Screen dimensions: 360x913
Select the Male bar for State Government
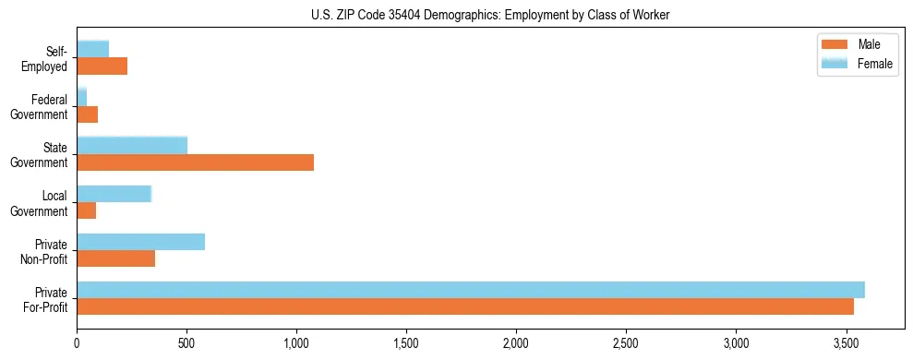pos(195,162)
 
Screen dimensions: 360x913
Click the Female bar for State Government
pos(132,146)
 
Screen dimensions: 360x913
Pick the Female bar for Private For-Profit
pos(471,290)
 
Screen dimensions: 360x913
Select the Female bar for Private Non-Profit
pos(140,242)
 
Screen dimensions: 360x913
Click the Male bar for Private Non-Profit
pos(115,258)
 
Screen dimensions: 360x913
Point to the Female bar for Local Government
pos(114,194)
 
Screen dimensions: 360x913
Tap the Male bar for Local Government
pos(86,210)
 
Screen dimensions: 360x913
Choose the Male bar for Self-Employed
pos(102,66)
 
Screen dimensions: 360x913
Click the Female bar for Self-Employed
pos(92,49)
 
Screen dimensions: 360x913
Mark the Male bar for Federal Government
pos(87,114)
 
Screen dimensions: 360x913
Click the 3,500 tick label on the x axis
pos(846,342)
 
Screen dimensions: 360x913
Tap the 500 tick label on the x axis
pos(186,342)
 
